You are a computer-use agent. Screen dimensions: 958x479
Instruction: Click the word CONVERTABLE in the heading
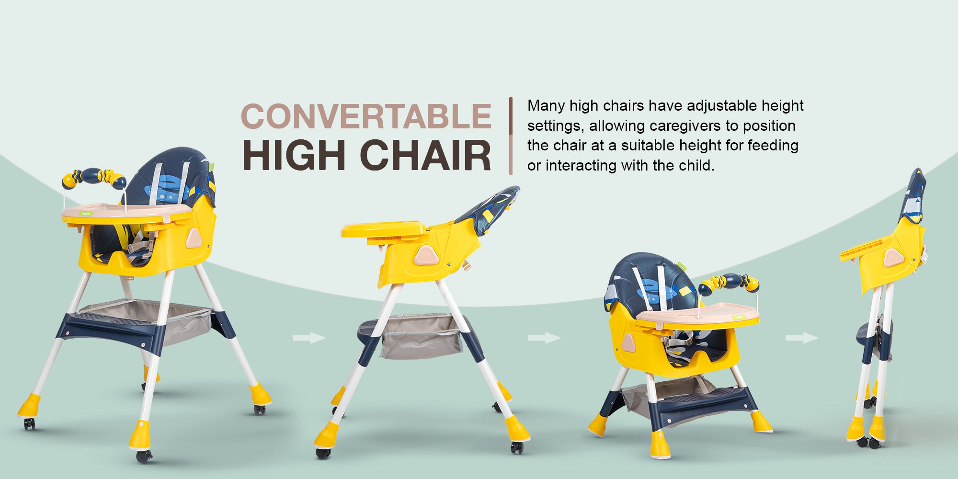pos(366,116)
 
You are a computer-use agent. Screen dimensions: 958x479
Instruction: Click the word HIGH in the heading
pos(294,155)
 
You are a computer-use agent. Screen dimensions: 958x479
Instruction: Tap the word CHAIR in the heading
pos(425,155)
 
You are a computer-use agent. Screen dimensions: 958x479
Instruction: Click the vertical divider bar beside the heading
pos(511,136)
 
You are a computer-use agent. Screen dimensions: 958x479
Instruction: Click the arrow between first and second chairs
pos(309,338)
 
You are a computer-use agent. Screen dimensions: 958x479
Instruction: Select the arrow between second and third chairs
pos(544,338)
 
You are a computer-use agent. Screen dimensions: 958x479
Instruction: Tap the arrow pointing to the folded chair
pos(802,338)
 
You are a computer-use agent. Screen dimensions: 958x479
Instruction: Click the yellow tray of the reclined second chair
pos(383,230)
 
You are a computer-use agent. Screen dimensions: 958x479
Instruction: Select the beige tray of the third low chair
pos(697,315)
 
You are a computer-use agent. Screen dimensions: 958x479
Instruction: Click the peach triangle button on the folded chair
pos(893,258)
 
